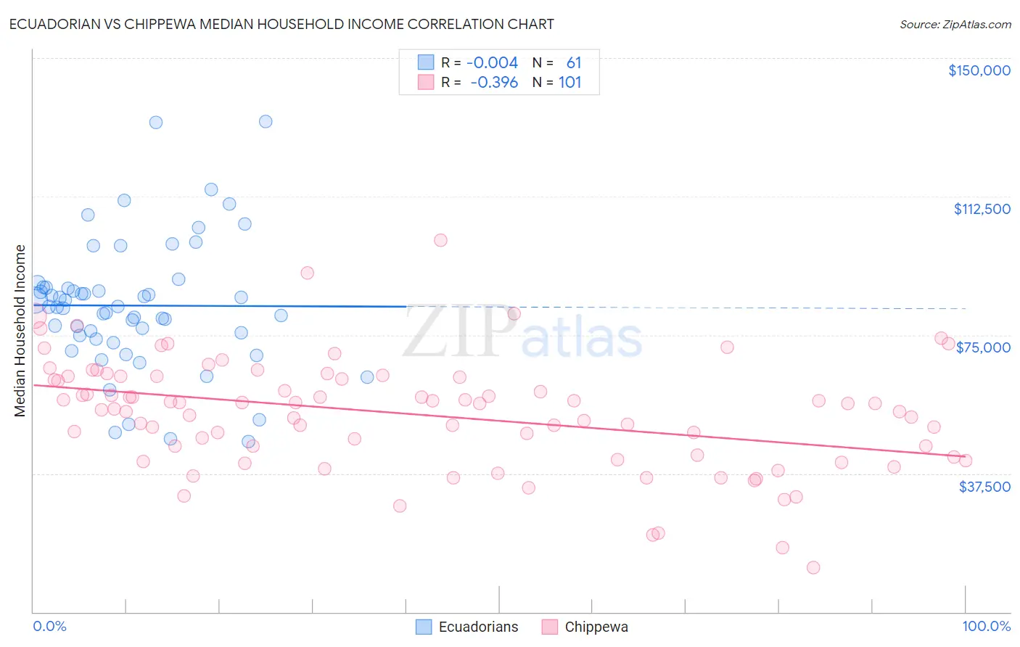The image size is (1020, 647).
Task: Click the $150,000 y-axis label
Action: [x=979, y=70]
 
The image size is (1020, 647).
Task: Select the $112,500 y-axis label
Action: [x=982, y=209]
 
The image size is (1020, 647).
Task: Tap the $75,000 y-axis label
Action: [x=983, y=347]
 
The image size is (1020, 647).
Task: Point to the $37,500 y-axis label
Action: [x=984, y=486]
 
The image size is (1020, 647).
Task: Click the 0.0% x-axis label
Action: [x=49, y=626]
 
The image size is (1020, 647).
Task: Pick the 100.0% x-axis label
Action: [x=986, y=626]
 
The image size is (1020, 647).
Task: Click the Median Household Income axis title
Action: [x=20, y=331]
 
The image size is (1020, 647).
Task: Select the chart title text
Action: [x=281, y=24]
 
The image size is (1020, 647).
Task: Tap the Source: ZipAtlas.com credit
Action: [x=955, y=25]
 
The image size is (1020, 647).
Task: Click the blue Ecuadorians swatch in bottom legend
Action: [x=424, y=627]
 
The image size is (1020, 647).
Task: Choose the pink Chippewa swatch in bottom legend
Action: [x=550, y=627]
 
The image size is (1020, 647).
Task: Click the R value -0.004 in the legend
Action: [x=492, y=63]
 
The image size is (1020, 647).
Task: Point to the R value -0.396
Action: [x=493, y=83]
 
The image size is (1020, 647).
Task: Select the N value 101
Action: [x=569, y=83]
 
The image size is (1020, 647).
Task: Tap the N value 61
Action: [x=573, y=63]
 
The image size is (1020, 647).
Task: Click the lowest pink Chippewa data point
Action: [x=813, y=567]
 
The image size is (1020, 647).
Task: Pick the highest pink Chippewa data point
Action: [x=440, y=240]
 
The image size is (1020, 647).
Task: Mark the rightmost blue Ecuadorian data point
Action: [x=367, y=377]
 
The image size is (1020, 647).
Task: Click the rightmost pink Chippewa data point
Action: [x=965, y=461]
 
